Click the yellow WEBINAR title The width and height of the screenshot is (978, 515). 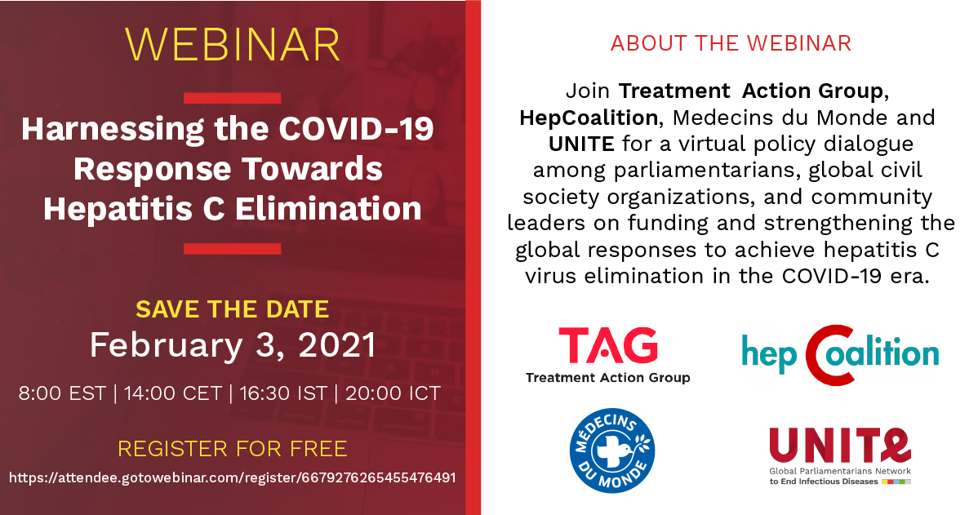point(233,44)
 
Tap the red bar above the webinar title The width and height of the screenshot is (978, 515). point(232,98)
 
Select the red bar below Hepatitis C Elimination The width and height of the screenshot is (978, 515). point(232,249)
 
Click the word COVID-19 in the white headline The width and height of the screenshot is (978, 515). point(356,129)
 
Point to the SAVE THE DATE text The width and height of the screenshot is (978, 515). point(233,309)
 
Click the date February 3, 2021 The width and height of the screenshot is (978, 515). point(233,345)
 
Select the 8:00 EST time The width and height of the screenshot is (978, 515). point(62,393)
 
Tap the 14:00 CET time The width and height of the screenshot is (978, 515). point(173,393)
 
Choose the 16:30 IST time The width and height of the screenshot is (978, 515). point(283,393)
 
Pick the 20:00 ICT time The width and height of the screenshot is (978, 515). point(393,393)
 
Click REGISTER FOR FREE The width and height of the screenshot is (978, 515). point(233,449)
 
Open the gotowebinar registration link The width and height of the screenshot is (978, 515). point(233,478)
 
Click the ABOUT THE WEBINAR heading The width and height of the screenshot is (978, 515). point(731,43)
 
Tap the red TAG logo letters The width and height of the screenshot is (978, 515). point(608,345)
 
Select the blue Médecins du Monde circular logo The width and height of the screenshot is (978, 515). point(612,451)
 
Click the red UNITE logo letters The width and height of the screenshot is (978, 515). point(840,446)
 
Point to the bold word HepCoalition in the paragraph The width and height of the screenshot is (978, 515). point(589,118)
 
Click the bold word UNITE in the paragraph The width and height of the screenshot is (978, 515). point(581,144)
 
